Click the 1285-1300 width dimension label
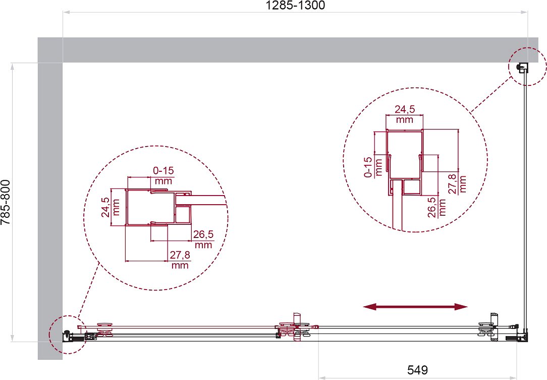point(295,5)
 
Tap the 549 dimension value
point(417,369)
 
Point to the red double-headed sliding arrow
point(415,307)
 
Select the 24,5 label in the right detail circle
point(405,110)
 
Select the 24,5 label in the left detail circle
point(106,208)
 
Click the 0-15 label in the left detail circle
point(163,171)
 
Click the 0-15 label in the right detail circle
point(368,167)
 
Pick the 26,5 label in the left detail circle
point(203,234)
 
